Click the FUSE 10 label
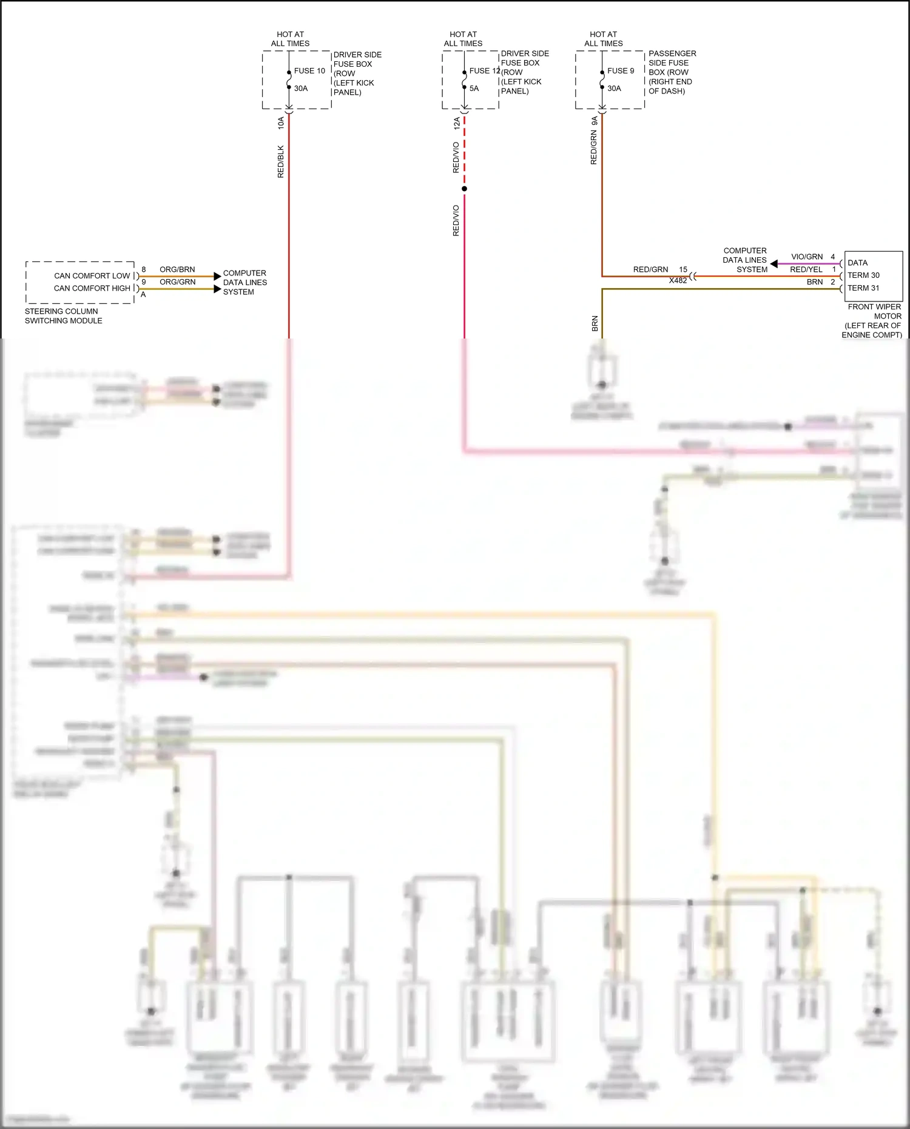pos(309,71)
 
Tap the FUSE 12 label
pos(484,71)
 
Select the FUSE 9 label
pos(621,71)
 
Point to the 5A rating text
pos(474,89)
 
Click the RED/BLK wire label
pos(281,161)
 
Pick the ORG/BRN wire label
pos(177,269)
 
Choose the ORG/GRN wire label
pos(177,282)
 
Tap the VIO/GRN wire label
pos(807,257)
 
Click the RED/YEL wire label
pos(806,269)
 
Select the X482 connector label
pos(678,281)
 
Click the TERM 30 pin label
pos(863,275)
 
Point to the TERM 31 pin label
pos(863,288)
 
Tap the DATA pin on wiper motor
pos(857,263)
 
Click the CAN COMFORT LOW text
pos(92,276)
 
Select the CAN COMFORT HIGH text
pos(92,288)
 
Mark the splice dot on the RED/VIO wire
pos(464,189)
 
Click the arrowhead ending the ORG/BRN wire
pos(217,277)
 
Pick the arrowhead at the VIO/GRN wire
pos(774,264)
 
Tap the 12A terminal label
pos(457,123)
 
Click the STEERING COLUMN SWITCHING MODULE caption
pos(63,316)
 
